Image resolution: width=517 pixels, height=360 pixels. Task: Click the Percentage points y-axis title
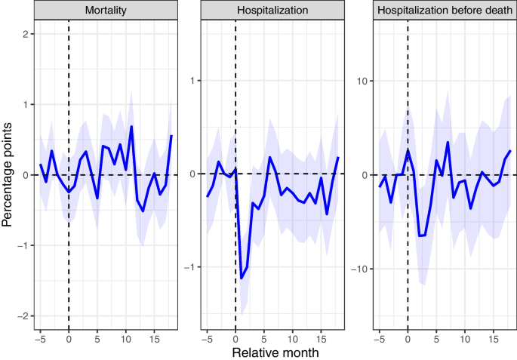[9, 175]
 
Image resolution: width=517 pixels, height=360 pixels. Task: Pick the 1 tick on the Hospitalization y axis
[192, 80]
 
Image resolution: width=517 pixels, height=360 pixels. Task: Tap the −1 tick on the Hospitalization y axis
[190, 267]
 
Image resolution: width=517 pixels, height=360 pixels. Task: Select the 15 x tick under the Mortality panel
[153, 337]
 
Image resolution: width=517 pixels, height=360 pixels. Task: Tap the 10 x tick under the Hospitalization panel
[292, 337]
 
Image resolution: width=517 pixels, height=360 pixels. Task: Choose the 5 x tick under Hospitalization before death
[436, 337]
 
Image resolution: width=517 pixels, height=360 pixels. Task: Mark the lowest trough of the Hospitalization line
[242, 278]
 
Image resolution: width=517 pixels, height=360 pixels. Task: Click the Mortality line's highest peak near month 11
[131, 126]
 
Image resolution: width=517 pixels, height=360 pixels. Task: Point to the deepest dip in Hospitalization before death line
[420, 236]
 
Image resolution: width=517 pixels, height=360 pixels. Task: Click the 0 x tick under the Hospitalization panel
[235, 337]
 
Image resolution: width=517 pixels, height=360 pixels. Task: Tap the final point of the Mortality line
[171, 136]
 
